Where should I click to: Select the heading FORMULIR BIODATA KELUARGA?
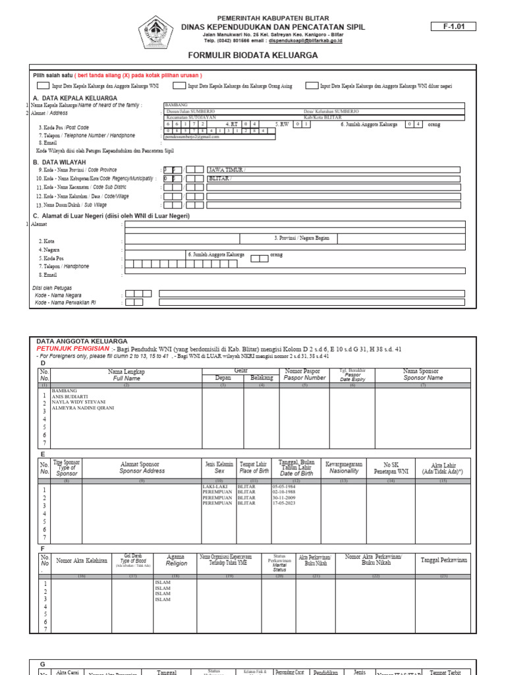pos(253,55)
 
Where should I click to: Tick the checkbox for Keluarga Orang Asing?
pos(179,86)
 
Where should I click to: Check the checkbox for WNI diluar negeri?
pos(311,86)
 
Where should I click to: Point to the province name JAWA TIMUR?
pos(226,169)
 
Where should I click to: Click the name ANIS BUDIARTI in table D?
pos(70,396)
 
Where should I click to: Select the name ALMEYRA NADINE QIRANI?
pos(83,408)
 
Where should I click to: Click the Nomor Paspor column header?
pos(304,374)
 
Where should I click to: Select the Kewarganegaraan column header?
pos(344,467)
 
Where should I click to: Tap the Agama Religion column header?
pos(176,560)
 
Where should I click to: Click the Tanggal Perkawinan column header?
pos(443,560)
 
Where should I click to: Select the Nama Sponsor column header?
pos(423,374)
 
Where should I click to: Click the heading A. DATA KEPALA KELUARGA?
pos(74,98)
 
